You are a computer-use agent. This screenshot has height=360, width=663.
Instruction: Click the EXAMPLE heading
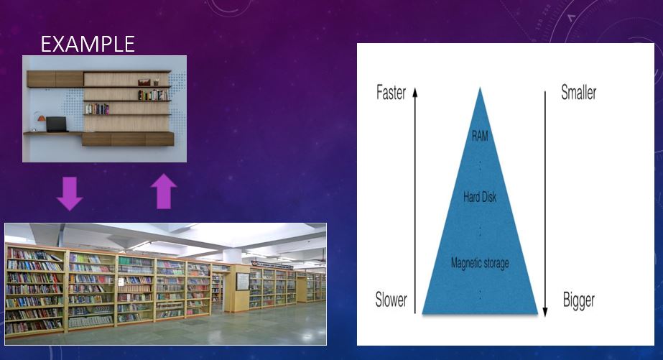click(88, 44)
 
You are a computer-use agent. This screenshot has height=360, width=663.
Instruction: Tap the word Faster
click(391, 93)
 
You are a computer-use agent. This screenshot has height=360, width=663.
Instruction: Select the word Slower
click(391, 300)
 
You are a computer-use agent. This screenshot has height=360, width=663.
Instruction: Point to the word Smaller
click(578, 92)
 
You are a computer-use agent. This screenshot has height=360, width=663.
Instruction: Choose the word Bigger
click(578, 300)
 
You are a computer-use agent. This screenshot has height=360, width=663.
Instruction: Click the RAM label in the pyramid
click(480, 136)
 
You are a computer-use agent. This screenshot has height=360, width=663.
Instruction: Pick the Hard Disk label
click(480, 197)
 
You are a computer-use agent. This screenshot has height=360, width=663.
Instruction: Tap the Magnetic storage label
click(480, 263)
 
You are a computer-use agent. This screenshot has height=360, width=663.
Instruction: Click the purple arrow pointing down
click(70, 193)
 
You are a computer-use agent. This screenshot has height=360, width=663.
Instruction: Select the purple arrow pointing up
click(164, 191)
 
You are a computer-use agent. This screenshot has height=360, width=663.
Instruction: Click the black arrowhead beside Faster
click(415, 92)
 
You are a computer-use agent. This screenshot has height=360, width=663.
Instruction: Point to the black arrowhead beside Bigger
click(545, 311)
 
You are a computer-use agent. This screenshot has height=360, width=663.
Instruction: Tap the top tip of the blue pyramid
click(480, 88)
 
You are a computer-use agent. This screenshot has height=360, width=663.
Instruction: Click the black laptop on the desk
click(57, 124)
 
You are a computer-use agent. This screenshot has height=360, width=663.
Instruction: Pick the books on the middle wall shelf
click(97, 109)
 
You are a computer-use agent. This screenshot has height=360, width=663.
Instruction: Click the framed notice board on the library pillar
click(242, 281)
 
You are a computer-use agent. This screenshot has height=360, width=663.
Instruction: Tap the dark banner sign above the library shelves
click(272, 265)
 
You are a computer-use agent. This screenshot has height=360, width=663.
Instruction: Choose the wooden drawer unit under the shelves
click(128, 139)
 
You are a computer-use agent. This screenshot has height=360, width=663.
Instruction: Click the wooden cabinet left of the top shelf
click(55, 79)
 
